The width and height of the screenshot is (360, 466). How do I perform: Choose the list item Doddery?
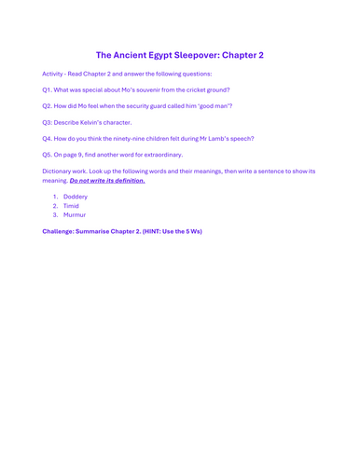pos(76,198)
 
